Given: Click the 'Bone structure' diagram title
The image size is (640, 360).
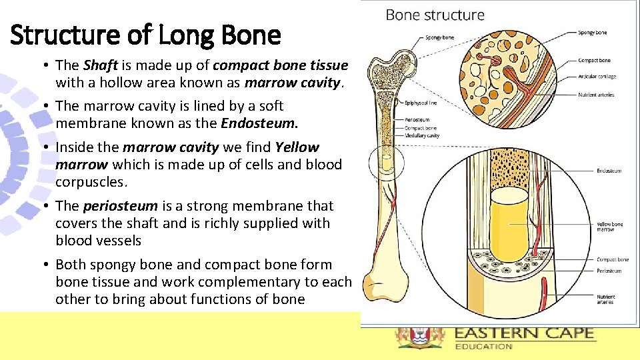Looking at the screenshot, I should (x=435, y=15).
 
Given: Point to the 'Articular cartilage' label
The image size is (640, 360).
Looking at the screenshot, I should (x=597, y=77).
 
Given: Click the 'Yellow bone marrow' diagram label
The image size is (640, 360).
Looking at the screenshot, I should (x=609, y=227).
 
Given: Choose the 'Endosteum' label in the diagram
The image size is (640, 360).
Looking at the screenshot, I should (x=609, y=171).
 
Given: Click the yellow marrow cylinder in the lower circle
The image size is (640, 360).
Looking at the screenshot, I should (x=510, y=220).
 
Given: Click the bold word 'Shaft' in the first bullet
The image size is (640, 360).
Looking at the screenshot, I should (x=100, y=65).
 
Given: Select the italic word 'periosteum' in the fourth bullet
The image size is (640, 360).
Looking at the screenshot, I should (x=120, y=206).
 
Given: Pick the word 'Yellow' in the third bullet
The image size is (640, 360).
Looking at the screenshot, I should (x=297, y=147).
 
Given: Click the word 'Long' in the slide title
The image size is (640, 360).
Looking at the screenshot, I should (x=184, y=35).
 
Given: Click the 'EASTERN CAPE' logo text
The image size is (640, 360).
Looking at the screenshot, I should (x=523, y=333).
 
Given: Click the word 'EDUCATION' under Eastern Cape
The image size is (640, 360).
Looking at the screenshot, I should (x=483, y=346).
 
